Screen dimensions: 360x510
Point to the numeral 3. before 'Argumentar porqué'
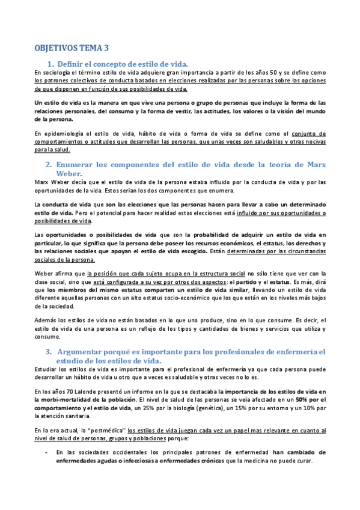(50, 351)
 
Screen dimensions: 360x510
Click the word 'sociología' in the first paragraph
(55, 73)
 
